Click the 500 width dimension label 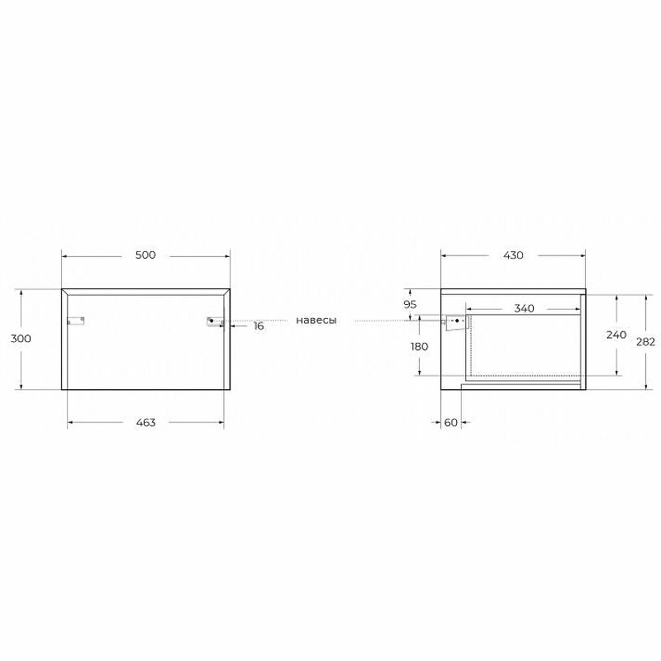point(145,254)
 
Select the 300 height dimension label point(21,339)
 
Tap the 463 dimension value point(146,422)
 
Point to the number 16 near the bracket point(259,326)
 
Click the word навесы point(316,321)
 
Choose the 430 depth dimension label point(513,255)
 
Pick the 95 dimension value point(410,304)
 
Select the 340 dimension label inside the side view point(524,308)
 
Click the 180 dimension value point(419,346)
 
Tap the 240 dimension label point(616,335)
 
